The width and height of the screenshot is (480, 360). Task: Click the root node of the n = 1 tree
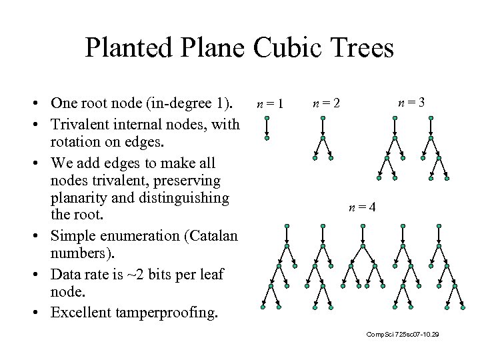pyautogui.click(x=267, y=119)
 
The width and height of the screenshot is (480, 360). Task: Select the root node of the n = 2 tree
pyautogui.click(x=323, y=119)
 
